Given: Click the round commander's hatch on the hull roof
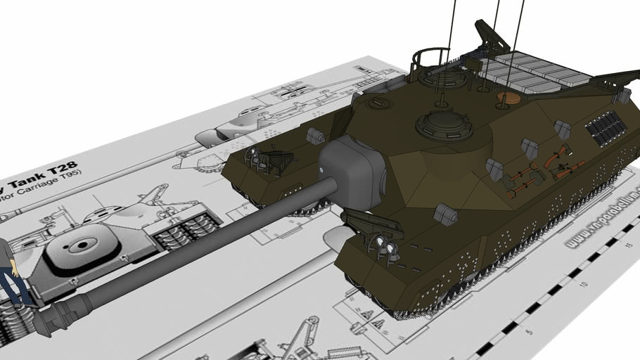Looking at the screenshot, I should point(444,124).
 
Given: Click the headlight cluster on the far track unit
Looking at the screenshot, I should point(257,161).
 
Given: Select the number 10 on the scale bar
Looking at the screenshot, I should point(583,285).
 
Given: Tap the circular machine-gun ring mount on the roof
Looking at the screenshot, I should point(428,60).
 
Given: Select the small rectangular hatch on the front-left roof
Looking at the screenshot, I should point(380,103).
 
